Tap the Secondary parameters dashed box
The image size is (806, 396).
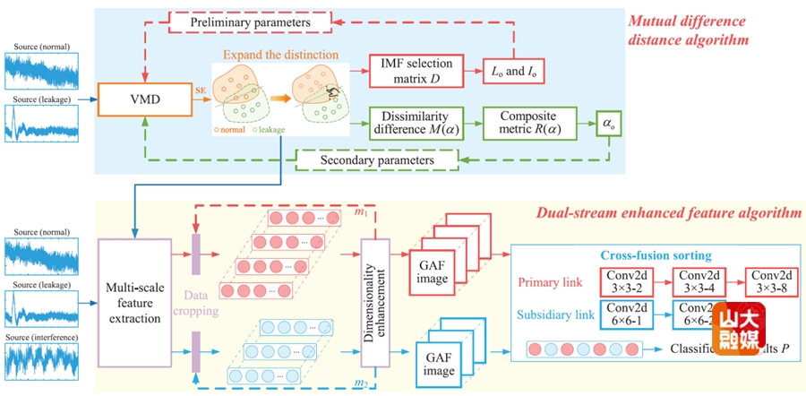[376, 160]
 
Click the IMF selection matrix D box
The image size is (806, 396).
[415, 69]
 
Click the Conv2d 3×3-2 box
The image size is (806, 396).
[620, 281]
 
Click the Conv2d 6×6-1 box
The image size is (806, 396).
[620, 315]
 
